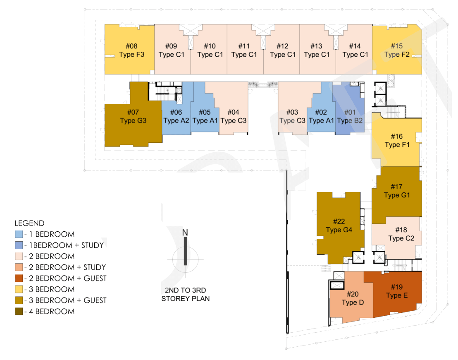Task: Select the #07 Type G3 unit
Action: point(133,117)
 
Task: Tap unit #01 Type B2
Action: point(350,116)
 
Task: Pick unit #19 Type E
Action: point(396,291)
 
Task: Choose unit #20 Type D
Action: point(353,298)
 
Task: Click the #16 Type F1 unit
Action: point(397,141)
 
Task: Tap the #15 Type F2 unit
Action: point(397,50)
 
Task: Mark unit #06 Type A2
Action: point(176,117)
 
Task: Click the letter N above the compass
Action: point(185,232)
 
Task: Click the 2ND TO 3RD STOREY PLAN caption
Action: point(186,294)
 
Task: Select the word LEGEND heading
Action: point(29,223)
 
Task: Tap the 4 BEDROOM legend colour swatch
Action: point(18,312)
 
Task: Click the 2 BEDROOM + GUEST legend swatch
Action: point(18,278)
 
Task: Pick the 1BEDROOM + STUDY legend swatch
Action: point(18,245)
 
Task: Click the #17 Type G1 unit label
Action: point(397,191)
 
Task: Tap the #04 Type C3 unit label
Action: point(233,117)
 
